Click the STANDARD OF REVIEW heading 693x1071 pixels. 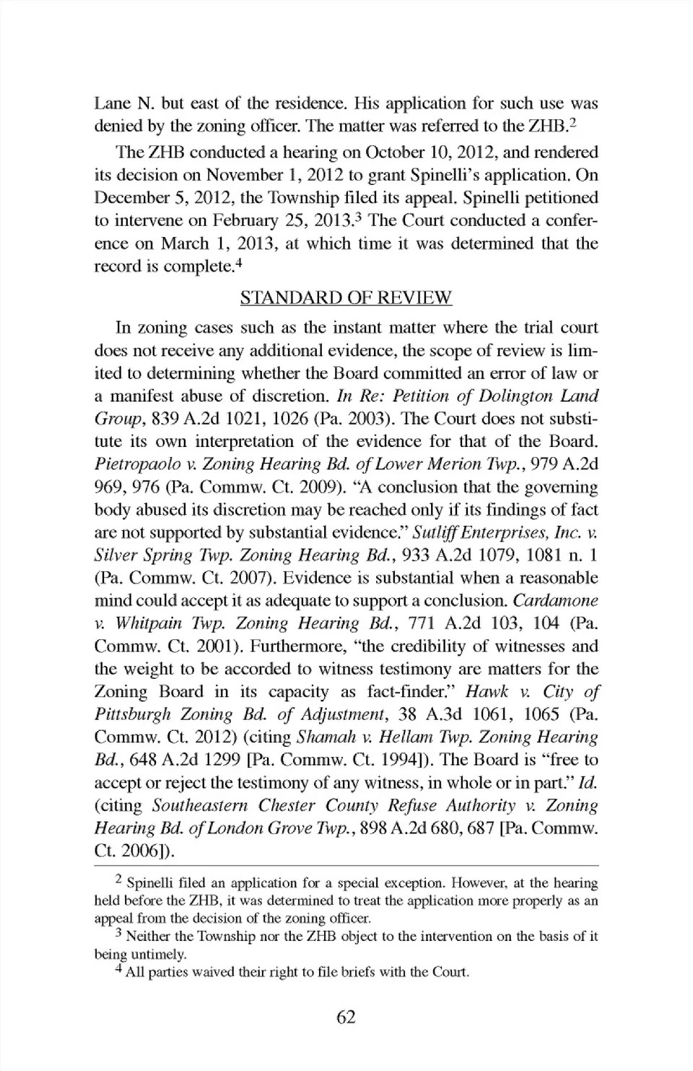(x=346, y=298)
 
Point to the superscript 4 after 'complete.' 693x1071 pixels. (x=238, y=263)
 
